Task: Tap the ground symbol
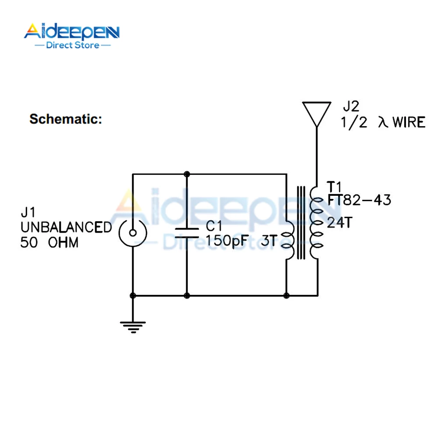point(133,327)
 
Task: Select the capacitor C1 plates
point(187,233)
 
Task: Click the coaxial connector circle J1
point(133,233)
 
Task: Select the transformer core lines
point(301,223)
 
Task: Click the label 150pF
point(227,240)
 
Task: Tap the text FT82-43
point(359,200)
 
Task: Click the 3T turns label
point(269,240)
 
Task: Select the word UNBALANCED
point(66,227)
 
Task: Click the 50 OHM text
point(49,242)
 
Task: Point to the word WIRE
point(409,122)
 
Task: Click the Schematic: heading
point(66,119)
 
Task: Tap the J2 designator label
point(351,106)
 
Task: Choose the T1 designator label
point(334,187)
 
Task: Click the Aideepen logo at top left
point(72,36)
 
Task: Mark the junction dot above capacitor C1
point(187,174)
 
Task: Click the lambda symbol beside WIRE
point(383,122)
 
